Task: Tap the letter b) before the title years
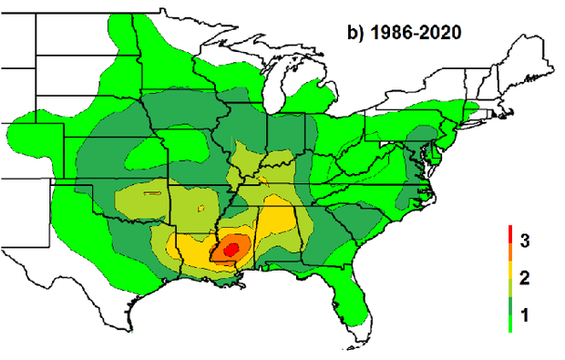[356, 33]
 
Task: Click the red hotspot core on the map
[231, 246]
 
